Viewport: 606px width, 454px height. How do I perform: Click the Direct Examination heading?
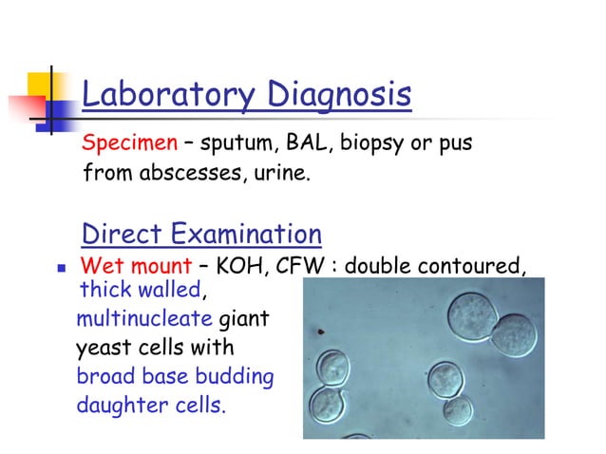tap(201, 233)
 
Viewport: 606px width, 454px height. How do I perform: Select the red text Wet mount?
tap(131, 266)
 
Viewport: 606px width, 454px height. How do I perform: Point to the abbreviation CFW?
tap(299, 266)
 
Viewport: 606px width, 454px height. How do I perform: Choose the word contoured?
tap(465, 266)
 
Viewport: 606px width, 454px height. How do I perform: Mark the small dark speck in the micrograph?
tap(321, 331)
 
